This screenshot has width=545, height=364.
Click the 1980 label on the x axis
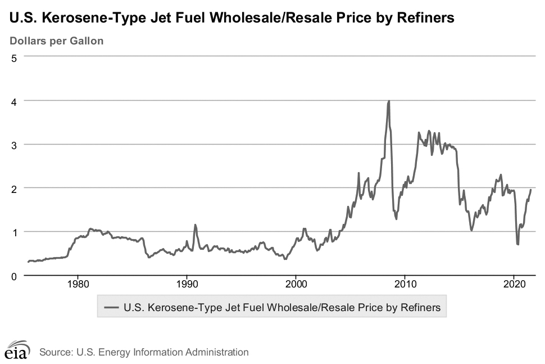coord(78,284)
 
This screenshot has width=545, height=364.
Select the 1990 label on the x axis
coord(187,284)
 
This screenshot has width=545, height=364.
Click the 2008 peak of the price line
coord(389,101)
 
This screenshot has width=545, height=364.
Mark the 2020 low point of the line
coord(517,244)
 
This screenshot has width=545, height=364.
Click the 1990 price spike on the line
coord(195,225)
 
